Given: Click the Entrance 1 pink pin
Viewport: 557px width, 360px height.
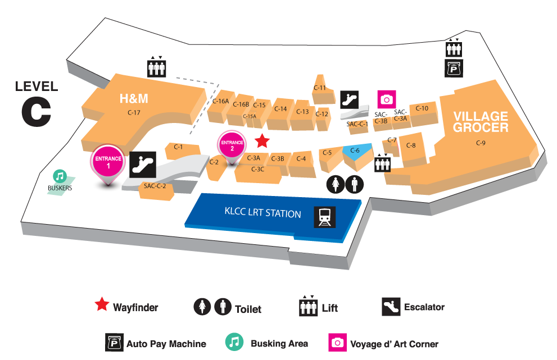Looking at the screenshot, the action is [x=108, y=163].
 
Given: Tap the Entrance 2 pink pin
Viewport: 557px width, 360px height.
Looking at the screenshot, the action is [x=232, y=146].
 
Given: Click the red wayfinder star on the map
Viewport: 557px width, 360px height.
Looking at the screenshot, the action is [x=262, y=141].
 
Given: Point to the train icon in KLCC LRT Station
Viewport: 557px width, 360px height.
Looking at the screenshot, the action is [x=324, y=217].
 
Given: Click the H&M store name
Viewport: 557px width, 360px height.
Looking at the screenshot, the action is [x=134, y=98].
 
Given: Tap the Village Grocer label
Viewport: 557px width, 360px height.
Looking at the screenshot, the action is [x=481, y=122].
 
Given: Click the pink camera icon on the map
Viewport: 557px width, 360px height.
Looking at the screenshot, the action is [x=387, y=99].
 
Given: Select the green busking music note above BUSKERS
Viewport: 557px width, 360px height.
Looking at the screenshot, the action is [x=60, y=176].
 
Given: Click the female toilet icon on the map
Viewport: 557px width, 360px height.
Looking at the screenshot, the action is [x=336, y=184].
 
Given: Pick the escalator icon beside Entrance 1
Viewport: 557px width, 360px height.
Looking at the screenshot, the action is [x=142, y=165].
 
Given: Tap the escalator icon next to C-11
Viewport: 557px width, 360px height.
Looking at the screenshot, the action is [x=349, y=100].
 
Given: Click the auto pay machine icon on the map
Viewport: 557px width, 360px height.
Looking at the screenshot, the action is [x=454, y=68].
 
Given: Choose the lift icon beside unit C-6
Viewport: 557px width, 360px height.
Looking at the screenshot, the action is [x=382, y=163].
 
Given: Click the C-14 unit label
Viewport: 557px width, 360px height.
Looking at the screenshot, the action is [x=280, y=109].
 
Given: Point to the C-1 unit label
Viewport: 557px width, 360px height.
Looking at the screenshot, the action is [x=178, y=147].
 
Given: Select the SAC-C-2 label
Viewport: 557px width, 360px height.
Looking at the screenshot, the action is [x=155, y=186].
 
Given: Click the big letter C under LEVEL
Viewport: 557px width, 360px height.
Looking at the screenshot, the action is [x=36, y=112].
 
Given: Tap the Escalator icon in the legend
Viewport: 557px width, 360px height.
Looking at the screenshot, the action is [x=391, y=307].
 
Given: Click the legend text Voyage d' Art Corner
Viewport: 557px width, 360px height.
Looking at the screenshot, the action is [x=394, y=344].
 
